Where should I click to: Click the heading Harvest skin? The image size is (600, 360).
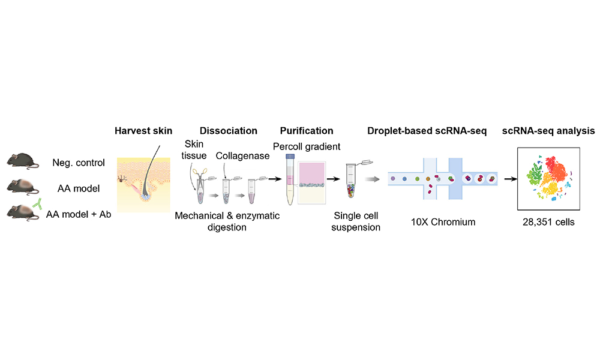(x=143, y=131)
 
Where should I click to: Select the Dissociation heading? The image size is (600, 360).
(x=229, y=131)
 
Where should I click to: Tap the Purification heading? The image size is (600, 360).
(x=307, y=131)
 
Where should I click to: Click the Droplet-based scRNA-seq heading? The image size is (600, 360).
(x=427, y=131)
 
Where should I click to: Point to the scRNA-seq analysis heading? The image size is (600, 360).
(x=548, y=131)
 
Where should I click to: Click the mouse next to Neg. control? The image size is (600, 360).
(x=23, y=161)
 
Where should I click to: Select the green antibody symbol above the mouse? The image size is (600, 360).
(x=37, y=204)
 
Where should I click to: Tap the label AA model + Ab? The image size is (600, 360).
(x=79, y=214)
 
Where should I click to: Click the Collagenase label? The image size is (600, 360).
(x=242, y=156)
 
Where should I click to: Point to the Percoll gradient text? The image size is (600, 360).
(x=307, y=146)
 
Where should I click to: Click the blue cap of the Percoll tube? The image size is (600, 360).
(x=290, y=156)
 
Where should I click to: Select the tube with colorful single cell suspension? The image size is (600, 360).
(x=351, y=180)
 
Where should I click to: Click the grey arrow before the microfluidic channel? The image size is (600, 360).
(x=372, y=179)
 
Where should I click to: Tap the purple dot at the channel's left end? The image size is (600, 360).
(x=393, y=179)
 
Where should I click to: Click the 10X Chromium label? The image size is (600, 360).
(x=443, y=222)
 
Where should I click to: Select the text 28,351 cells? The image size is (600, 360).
(x=548, y=222)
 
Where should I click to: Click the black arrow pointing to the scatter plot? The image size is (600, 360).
(x=511, y=179)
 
